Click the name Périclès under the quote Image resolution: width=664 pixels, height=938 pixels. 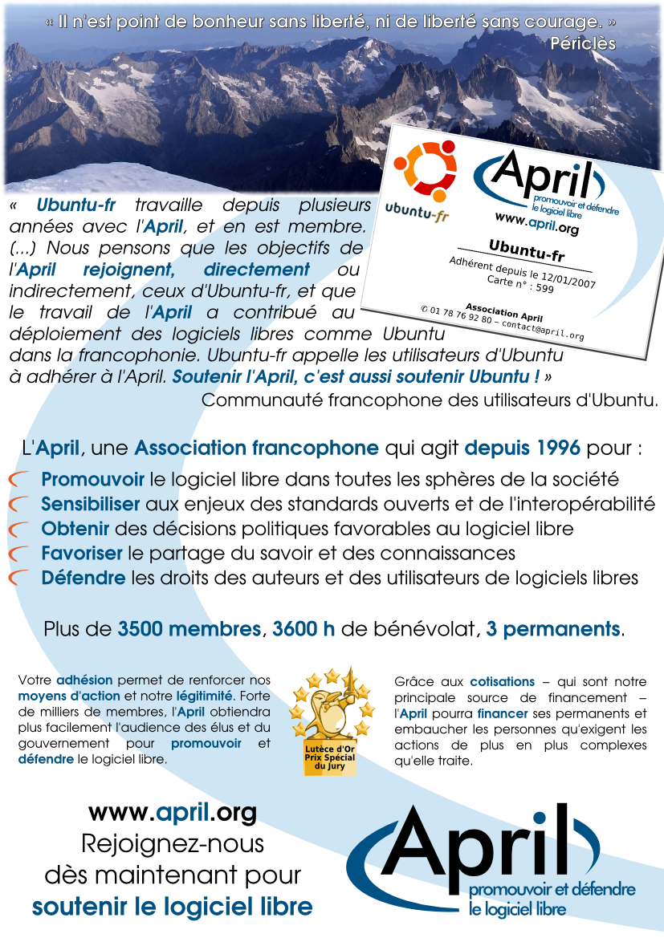(x=583, y=43)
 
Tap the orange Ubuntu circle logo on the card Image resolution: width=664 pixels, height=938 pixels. (x=425, y=171)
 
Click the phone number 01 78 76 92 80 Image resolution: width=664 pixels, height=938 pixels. (x=460, y=315)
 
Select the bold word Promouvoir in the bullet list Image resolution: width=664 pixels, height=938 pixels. (x=92, y=480)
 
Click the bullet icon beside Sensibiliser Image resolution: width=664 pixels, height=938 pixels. (x=19, y=505)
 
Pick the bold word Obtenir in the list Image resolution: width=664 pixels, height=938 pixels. (x=76, y=529)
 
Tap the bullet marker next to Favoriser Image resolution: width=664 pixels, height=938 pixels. (x=19, y=554)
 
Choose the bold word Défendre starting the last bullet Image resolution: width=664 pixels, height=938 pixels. (x=84, y=578)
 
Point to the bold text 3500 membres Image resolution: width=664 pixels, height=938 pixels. (x=189, y=629)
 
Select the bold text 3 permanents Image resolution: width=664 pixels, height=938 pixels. (x=553, y=629)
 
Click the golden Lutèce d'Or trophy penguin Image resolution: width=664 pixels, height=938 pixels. (x=331, y=710)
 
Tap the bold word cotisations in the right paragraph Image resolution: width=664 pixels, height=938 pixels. (x=502, y=682)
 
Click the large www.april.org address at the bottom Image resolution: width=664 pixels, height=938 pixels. (x=172, y=813)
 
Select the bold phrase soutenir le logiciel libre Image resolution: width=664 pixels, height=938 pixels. (x=172, y=908)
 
